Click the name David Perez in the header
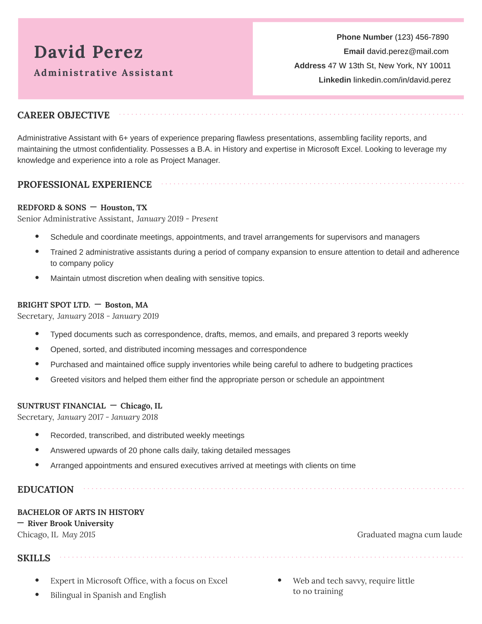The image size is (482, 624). coord(88,52)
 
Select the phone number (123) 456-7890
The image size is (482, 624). coord(422,37)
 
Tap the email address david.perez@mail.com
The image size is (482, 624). coord(407,52)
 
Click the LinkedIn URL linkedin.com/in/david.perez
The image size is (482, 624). coord(402,80)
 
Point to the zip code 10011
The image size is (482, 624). coord(440,66)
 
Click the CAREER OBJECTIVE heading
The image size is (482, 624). coord(63,115)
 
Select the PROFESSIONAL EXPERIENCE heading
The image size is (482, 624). coord(85,185)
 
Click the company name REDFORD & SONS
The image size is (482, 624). coord(52,208)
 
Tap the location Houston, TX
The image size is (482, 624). coord(124,208)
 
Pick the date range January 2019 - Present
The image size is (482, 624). coord(177,219)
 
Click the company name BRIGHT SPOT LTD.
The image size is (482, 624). coord(54,305)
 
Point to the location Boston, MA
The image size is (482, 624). coord(126,305)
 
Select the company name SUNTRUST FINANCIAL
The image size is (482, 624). coord(62,406)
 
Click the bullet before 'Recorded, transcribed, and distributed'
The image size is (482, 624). coord(37,435)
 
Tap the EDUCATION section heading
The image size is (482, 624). coord(46,490)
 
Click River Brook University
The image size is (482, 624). coord(70,524)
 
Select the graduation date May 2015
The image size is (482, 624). coord(79,535)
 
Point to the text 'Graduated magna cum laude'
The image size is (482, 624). coord(409,535)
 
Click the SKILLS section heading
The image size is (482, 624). coord(34,558)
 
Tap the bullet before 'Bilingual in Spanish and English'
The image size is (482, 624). coord(37,595)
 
